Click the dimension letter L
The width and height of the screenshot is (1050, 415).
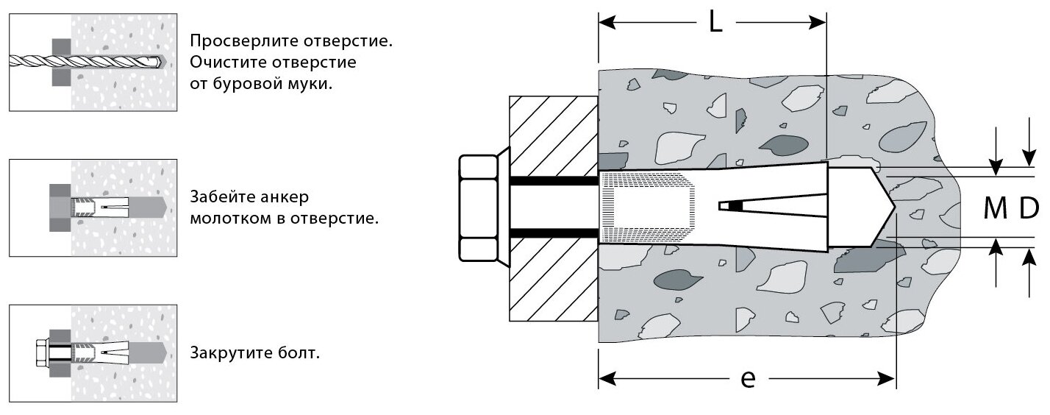point(715,23)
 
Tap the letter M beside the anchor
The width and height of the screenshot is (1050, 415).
point(995,210)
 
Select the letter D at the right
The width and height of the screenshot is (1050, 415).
point(1028,210)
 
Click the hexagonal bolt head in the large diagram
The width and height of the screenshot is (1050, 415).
point(479,208)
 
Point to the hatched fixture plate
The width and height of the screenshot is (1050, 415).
point(552,209)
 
